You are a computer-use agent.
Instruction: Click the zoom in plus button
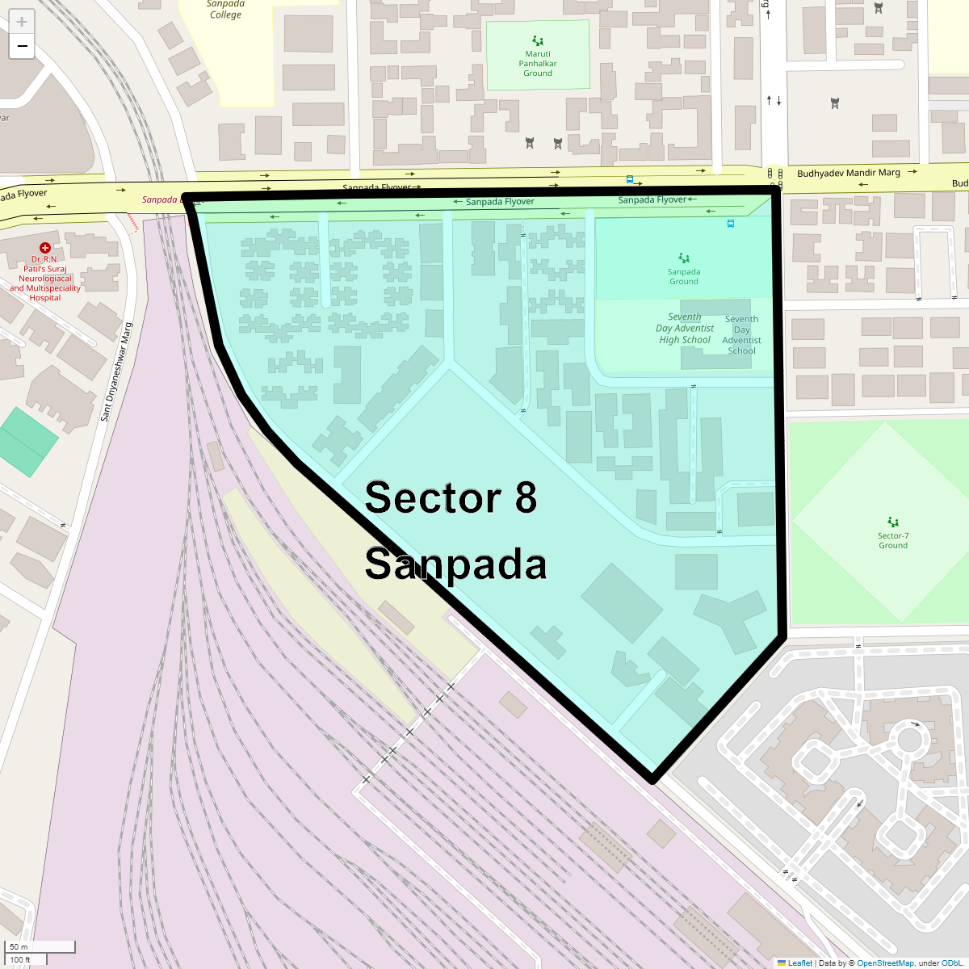click(x=22, y=22)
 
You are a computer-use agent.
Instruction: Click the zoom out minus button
click(x=22, y=46)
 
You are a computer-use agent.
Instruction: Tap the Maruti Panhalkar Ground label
click(x=538, y=64)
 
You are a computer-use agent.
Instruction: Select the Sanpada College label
click(x=225, y=10)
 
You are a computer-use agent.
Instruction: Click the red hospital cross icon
click(x=45, y=249)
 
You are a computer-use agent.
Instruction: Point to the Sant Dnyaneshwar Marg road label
click(x=115, y=372)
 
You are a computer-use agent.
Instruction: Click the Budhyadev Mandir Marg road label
click(x=848, y=173)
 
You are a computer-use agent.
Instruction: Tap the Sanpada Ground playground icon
click(x=684, y=258)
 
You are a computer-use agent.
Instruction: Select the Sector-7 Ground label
click(x=893, y=540)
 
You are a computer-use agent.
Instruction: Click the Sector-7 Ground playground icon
click(x=893, y=522)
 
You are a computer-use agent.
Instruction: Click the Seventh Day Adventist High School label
click(x=685, y=329)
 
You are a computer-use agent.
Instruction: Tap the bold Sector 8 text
click(x=451, y=497)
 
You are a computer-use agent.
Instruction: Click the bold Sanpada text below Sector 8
click(x=455, y=564)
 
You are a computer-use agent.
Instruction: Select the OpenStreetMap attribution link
click(x=885, y=963)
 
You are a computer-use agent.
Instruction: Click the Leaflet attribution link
click(x=799, y=963)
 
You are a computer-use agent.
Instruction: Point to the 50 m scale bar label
click(x=19, y=946)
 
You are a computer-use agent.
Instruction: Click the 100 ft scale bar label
click(x=20, y=959)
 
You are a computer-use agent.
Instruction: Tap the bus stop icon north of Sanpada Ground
click(x=731, y=224)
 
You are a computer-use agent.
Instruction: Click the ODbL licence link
click(x=951, y=963)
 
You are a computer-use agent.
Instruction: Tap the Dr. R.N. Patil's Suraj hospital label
click(x=45, y=279)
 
